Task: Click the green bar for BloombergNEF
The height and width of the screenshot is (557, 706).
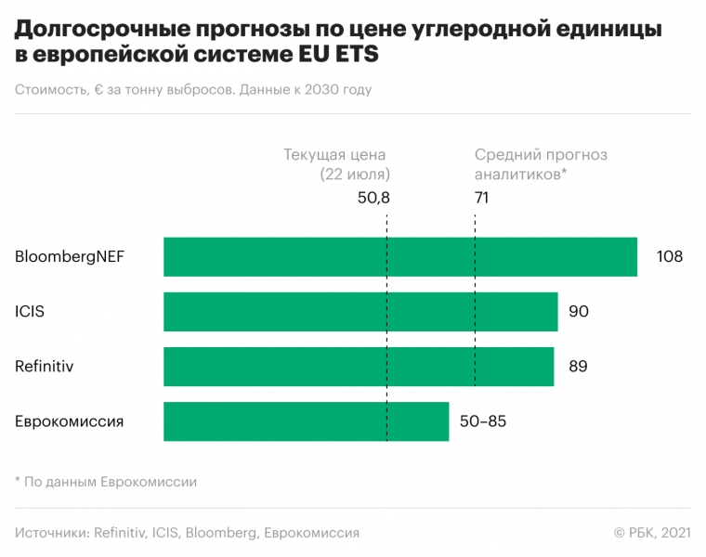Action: (x=399, y=257)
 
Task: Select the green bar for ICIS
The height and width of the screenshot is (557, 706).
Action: (x=360, y=312)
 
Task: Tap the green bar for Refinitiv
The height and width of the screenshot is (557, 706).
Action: (x=359, y=367)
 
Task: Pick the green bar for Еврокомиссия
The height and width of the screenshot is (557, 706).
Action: (x=306, y=421)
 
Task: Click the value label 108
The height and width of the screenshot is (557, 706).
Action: (x=669, y=257)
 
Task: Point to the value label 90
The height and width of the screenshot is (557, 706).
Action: (x=579, y=312)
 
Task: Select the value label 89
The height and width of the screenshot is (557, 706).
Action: (x=577, y=367)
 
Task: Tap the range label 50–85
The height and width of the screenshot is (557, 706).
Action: (x=483, y=421)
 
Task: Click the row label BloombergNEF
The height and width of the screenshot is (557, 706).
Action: (x=70, y=257)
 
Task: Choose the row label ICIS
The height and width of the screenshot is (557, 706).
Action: (x=30, y=312)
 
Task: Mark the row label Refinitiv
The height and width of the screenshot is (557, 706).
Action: (x=45, y=367)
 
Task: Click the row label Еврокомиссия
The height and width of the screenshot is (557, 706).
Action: (x=70, y=421)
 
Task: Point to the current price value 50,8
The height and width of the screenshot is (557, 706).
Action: (x=373, y=198)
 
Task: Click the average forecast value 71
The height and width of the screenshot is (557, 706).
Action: (x=481, y=198)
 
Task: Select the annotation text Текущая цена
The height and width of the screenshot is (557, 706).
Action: (x=334, y=156)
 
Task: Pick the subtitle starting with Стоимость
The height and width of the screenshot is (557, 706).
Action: (x=193, y=90)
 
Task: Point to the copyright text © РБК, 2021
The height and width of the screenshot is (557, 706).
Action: (x=652, y=533)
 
